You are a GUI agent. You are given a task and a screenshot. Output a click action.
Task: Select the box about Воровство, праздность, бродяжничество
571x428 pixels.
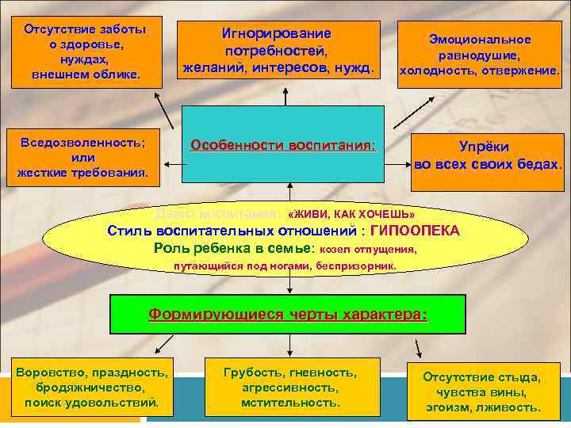coord(91,388)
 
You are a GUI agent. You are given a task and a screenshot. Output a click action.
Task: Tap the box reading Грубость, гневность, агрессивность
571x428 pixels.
coord(290,388)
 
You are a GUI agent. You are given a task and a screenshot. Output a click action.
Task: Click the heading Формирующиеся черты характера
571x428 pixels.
coord(288,314)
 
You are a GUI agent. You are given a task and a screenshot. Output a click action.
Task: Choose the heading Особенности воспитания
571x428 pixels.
coord(282,146)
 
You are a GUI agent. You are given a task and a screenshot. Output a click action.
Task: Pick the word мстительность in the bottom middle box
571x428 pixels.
coord(290,403)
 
